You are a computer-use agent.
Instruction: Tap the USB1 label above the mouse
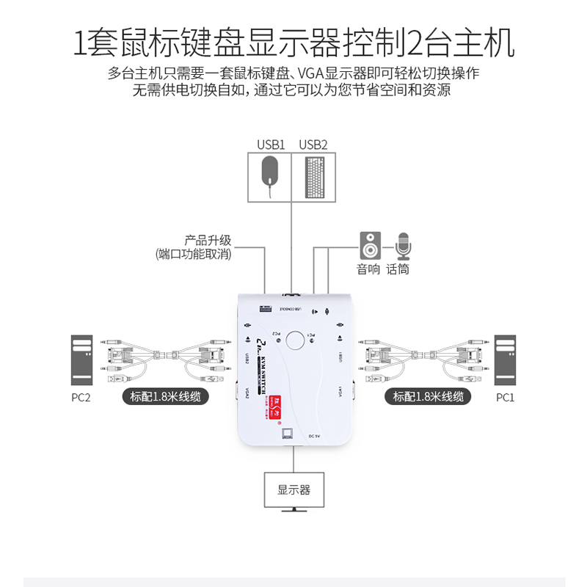(x=270, y=144)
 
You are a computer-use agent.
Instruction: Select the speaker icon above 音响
(x=369, y=245)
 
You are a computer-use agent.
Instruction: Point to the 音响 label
(x=368, y=269)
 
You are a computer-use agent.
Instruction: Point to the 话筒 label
(x=398, y=269)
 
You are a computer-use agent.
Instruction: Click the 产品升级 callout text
(x=208, y=240)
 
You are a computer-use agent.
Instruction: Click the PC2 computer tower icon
(x=81, y=360)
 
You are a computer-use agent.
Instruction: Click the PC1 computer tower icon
(x=506, y=360)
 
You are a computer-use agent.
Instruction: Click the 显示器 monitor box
(x=293, y=489)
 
